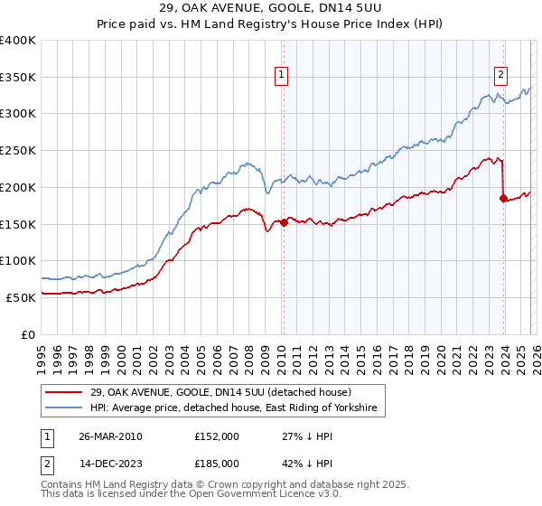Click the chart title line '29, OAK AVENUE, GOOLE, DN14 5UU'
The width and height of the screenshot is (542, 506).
point(270,8)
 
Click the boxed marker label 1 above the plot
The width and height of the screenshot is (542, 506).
point(283,75)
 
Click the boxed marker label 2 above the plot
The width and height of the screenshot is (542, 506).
point(500,75)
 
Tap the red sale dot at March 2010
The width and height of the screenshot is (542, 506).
point(284,222)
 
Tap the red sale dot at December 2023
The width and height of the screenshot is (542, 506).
point(503,198)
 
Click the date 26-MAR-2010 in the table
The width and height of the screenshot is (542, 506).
point(110,436)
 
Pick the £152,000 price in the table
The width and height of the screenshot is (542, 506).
point(216,436)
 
